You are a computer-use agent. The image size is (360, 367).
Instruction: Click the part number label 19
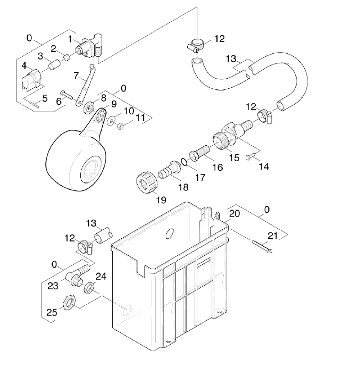(x=161, y=200)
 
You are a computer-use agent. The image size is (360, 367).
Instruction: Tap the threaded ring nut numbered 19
(x=145, y=183)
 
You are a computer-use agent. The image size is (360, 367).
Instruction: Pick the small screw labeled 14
(x=252, y=157)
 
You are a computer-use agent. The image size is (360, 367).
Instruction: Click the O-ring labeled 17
(x=183, y=161)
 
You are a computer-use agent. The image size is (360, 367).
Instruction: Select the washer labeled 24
(x=90, y=288)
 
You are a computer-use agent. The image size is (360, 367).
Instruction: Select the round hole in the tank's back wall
(x=170, y=233)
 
